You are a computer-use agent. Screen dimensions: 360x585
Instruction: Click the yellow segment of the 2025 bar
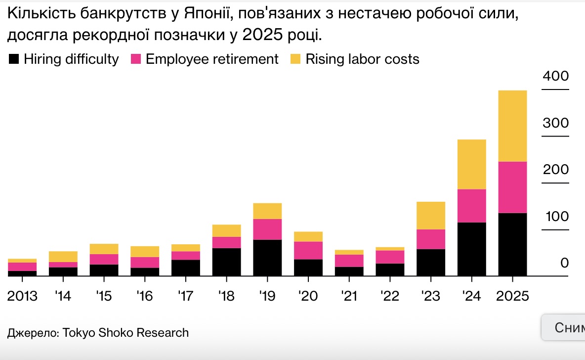512,126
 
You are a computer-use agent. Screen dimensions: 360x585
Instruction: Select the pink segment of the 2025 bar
512,187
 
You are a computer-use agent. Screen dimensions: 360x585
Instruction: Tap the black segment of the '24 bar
472,249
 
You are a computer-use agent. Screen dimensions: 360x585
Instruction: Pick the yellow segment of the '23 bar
431,215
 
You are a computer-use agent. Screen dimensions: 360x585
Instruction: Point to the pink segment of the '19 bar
267,229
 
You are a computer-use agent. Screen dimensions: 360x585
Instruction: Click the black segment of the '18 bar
226,262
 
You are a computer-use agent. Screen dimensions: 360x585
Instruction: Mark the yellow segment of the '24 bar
472,164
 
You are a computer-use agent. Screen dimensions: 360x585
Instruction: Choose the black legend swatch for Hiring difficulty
14,59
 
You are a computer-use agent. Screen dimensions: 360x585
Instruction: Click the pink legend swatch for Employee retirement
136,59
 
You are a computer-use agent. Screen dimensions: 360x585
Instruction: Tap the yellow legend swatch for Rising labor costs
295,59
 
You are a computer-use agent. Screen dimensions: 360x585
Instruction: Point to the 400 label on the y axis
556,77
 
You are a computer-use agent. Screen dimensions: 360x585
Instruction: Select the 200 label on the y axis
556,170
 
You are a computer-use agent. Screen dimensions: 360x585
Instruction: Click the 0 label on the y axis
565,263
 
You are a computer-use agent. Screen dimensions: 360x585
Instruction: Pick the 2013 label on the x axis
23,296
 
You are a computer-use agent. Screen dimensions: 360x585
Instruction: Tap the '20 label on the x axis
308,296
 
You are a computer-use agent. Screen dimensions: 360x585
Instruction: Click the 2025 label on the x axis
512,296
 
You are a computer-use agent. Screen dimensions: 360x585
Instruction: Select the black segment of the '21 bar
349,271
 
